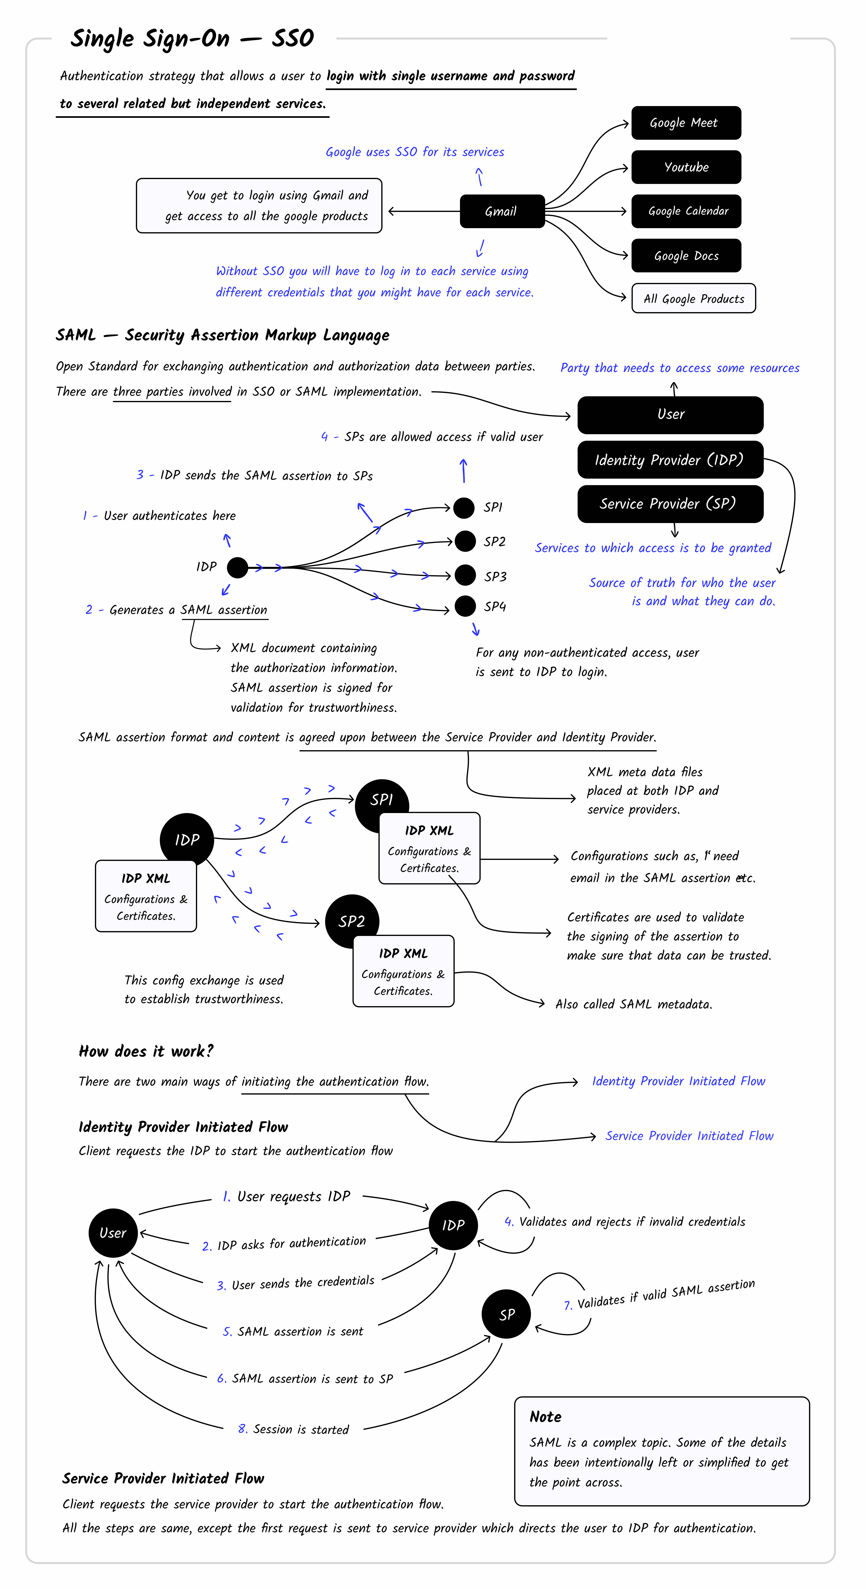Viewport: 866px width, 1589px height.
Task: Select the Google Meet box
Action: click(x=685, y=123)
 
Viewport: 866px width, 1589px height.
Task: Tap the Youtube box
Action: click(x=685, y=167)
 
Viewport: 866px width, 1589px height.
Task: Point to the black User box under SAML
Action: click(x=670, y=415)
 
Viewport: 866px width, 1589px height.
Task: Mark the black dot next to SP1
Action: click(x=464, y=508)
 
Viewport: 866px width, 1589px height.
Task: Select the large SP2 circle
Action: click(x=352, y=922)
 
